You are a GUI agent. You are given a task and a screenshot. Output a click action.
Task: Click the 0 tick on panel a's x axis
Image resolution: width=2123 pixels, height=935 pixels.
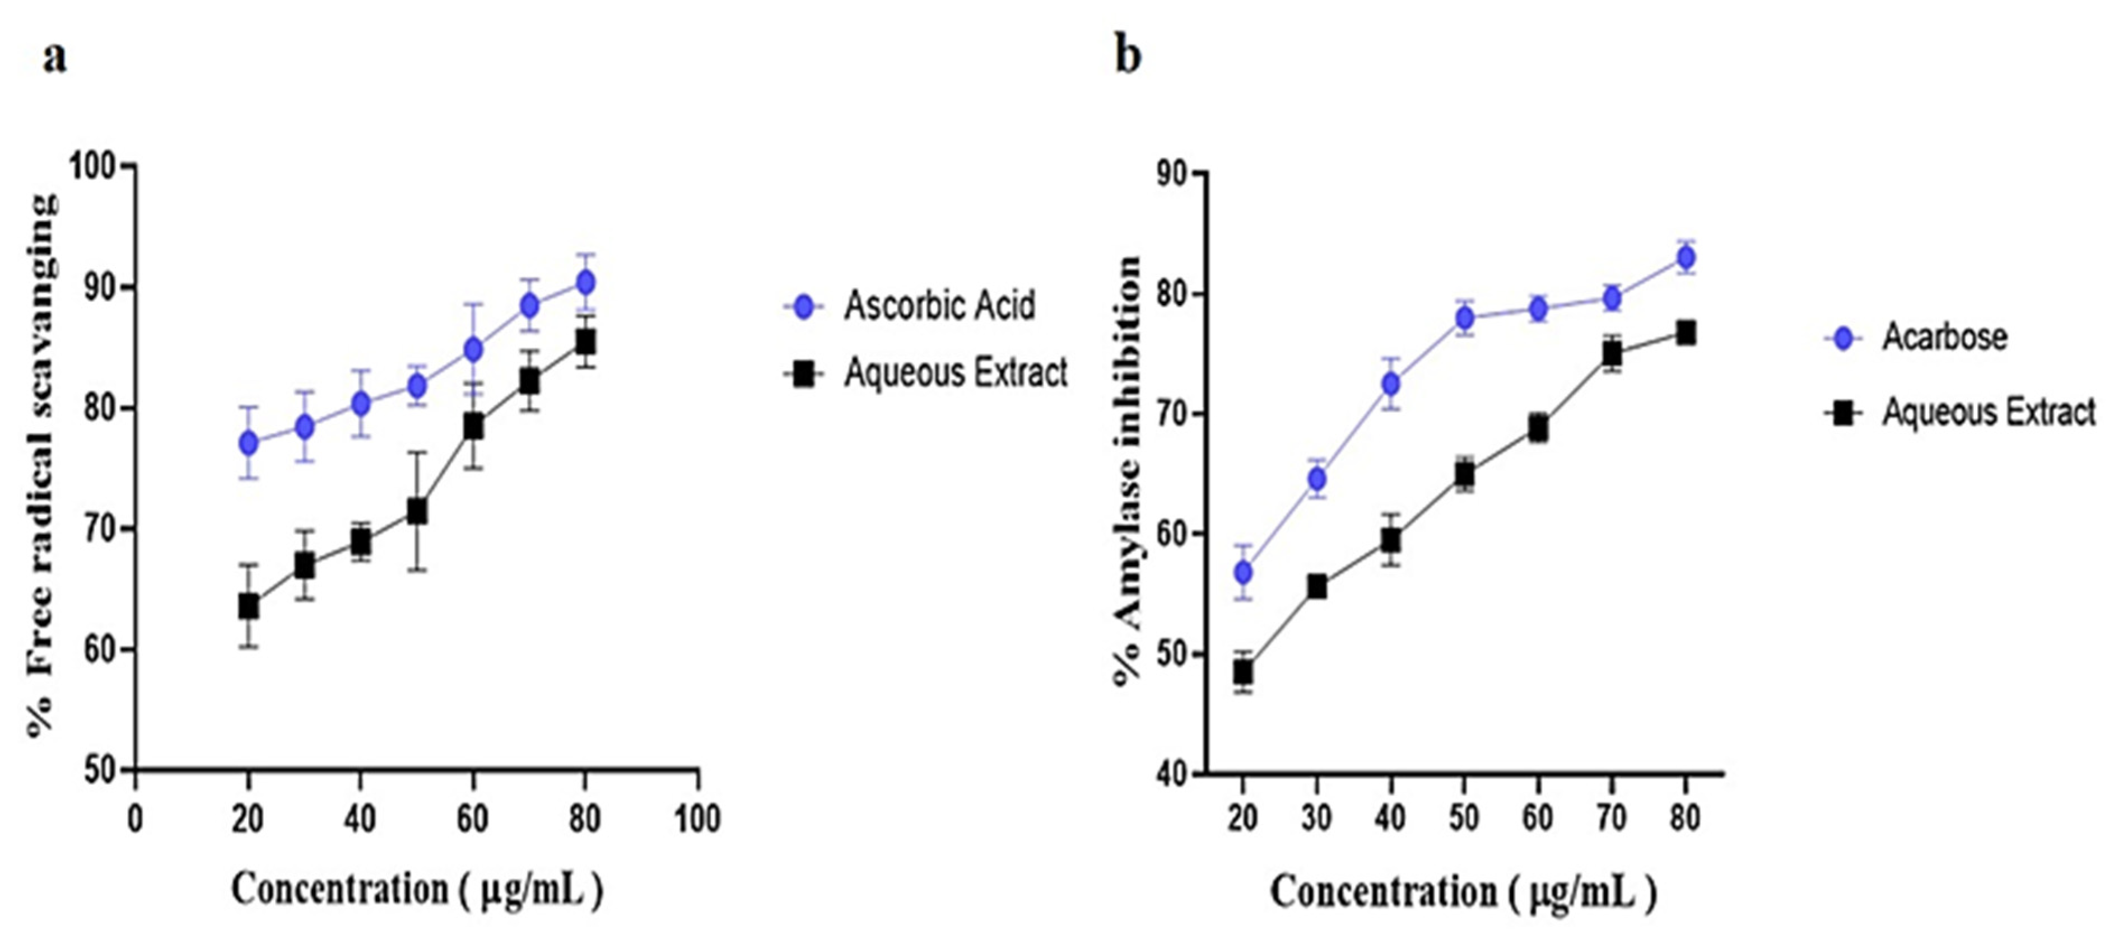(x=135, y=819)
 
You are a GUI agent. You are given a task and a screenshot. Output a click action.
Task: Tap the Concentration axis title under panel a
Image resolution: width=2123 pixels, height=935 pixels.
(x=417, y=890)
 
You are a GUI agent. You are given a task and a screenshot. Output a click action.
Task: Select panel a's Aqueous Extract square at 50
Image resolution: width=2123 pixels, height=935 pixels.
(x=417, y=512)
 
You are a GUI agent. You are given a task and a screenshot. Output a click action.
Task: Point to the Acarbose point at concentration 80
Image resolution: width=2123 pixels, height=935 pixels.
(x=1686, y=258)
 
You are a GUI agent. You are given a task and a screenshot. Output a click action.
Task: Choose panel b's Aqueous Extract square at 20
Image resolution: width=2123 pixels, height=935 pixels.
(x=1243, y=673)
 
